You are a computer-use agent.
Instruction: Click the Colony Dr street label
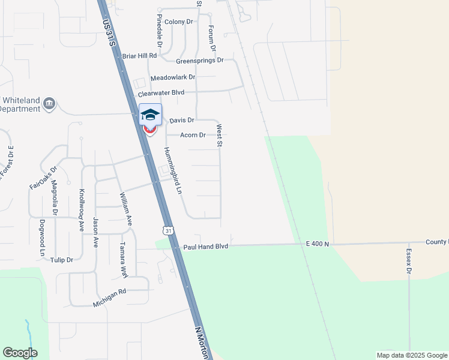[178, 22]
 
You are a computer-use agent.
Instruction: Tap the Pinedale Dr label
[160, 31]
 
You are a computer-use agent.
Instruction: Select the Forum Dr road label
[211, 37]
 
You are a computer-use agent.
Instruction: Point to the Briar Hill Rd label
[139, 56]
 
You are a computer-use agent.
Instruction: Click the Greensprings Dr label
[199, 61]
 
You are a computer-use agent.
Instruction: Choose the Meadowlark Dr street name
[173, 77]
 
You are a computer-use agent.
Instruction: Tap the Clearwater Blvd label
[161, 93]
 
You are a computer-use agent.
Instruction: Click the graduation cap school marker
[150, 114]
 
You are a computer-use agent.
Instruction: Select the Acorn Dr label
[193, 135]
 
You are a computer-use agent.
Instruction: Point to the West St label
[220, 136]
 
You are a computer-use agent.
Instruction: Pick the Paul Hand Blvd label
[206, 247]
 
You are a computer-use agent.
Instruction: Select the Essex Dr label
[409, 262]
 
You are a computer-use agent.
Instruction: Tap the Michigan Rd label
[109, 298]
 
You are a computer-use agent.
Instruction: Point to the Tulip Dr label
[62, 260]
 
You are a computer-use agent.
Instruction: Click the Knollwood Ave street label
[81, 211]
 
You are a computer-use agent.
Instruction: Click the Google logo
[20, 353]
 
